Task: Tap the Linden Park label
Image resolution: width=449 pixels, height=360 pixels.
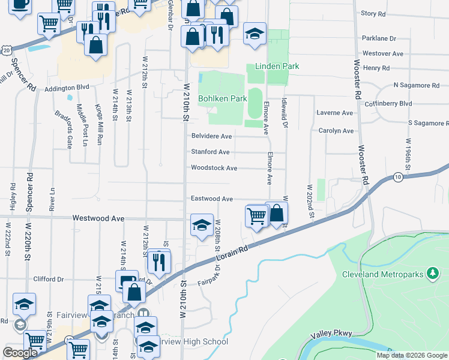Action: coord(277,65)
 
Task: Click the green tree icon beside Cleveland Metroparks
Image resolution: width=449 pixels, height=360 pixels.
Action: coord(432,274)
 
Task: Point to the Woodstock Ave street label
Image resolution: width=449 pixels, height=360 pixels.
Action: coord(214,168)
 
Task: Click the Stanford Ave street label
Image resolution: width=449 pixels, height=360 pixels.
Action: coord(210,152)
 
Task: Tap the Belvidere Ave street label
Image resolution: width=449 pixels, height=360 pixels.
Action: coord(211,136)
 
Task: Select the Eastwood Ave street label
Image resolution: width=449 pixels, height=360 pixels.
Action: coord(211,199)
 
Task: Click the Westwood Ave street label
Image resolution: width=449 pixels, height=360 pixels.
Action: coord(98,219)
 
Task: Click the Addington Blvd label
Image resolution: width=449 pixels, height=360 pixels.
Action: coord(67,88)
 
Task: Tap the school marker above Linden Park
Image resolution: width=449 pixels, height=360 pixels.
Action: coord(255,33)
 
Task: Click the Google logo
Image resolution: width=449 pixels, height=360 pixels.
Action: coord(20,353)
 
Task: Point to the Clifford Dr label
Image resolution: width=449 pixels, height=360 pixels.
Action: coord(49,279)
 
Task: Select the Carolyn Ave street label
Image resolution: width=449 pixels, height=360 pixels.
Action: coord(336,130)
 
